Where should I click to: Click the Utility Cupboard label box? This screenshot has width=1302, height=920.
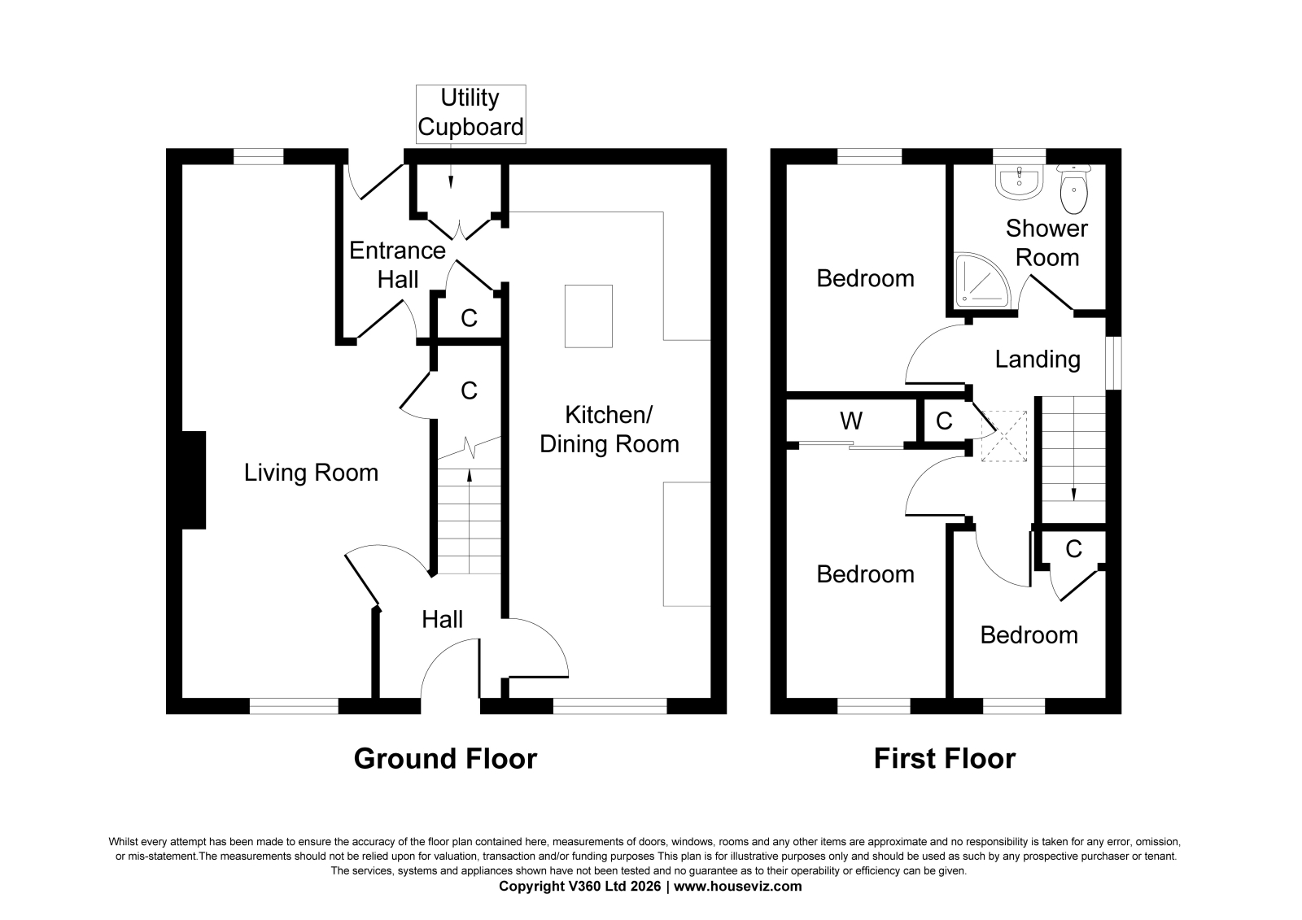(x=471, y=114)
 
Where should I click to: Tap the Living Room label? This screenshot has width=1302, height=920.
(x=311, y=473)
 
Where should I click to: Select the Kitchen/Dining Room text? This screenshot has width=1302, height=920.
(x=609, y=429)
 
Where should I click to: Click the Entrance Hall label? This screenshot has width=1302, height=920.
(x=398, y=265)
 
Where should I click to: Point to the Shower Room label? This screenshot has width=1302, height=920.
(x=1046, y=243)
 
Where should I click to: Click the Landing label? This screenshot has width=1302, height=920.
(x=1038, y=360)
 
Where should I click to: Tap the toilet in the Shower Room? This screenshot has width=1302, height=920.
(x=1073, y=189)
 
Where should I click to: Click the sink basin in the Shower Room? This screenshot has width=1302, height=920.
(x=1019, y=181)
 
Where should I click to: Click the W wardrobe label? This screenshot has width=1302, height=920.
(x=851, y=421)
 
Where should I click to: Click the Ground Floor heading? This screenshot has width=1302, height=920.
(x=445, y=759)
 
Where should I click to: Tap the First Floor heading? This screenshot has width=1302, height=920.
(x=945, y=759)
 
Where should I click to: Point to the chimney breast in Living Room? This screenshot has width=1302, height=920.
(x=194, y=480)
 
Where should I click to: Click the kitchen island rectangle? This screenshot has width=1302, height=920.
(x=588, y=316)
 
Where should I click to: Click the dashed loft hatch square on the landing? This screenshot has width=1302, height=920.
(x=1004, y=436)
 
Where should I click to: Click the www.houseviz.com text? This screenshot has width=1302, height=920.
(x=737, y=887)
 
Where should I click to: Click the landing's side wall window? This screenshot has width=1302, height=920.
(x=1113, y=362)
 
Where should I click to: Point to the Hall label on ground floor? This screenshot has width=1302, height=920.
(x=443, y=620)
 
